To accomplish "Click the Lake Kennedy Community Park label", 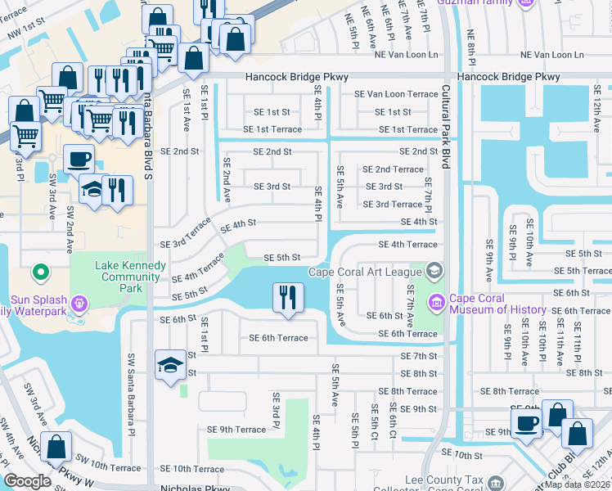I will click(130, 271).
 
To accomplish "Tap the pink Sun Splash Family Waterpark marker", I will click(79, 304).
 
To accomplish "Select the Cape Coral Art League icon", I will click(433, 270).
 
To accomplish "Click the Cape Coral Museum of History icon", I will click(436, 304).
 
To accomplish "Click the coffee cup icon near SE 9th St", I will click(525, 422).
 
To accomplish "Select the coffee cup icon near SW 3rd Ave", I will click(78, 158).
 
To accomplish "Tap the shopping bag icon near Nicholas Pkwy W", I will click(56, 446).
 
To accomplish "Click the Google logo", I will click(27, 481).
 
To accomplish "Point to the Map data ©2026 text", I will click(577, 484).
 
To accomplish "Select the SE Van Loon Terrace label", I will click(396, 94).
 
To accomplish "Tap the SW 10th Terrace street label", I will click(109, 468).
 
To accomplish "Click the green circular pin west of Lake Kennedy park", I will click(38, 271).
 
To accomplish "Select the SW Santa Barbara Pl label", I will click(130, 385).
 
